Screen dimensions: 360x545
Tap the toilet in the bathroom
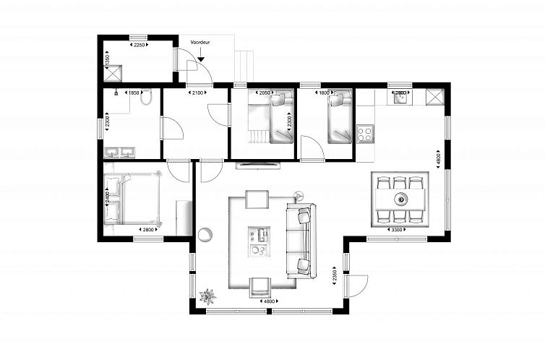tap(146, 99)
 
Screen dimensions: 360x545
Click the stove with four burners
tap(365, 133)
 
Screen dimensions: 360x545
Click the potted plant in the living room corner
tap(208, 296)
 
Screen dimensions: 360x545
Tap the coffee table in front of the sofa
tap(257, 242)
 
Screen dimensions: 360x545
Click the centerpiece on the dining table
tap(400, 198)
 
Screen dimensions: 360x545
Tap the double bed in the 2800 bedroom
tap(133, 200)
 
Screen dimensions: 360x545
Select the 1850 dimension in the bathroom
tap(134, 93)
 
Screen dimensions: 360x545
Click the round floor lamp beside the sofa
tap(299, 194)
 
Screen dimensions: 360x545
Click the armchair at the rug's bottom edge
tap(259, 287)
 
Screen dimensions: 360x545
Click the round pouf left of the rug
tap(206, 233)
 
